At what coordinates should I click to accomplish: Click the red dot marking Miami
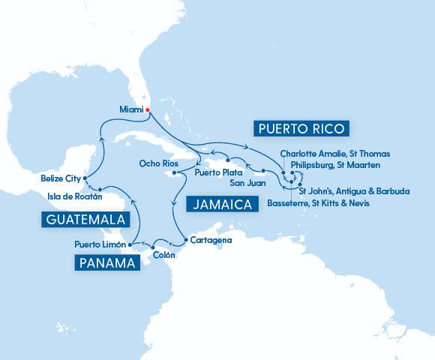tap(148, 110)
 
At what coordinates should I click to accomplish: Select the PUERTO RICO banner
tap(301, 129)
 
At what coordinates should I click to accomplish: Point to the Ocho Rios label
tap(158, 163)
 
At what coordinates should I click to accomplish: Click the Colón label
tap(163, 255)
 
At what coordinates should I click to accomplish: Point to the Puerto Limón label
tap(100, 244)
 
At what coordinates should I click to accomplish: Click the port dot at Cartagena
tap(184, 240)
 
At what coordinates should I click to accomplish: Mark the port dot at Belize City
tap(85, 178)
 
